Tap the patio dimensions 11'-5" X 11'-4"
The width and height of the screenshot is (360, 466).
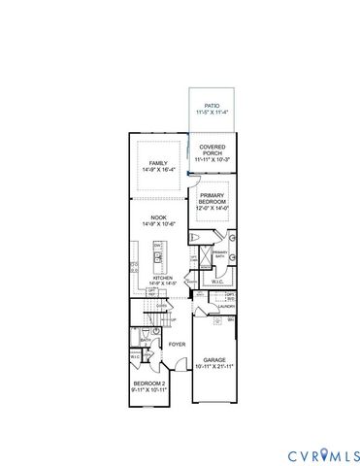(x=212, y=113)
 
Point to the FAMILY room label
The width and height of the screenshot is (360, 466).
(x=158, y=162)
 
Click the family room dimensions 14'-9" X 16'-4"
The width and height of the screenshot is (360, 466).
(x=158, y=169)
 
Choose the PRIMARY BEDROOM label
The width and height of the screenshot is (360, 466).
(x=212, y=198)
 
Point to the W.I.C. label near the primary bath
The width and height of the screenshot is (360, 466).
(x=217, y=283)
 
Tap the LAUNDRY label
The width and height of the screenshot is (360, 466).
(x=226, y=307)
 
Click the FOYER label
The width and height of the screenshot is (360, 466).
(x=177, y=344)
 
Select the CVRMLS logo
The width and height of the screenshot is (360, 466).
(x=323, y=454)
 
